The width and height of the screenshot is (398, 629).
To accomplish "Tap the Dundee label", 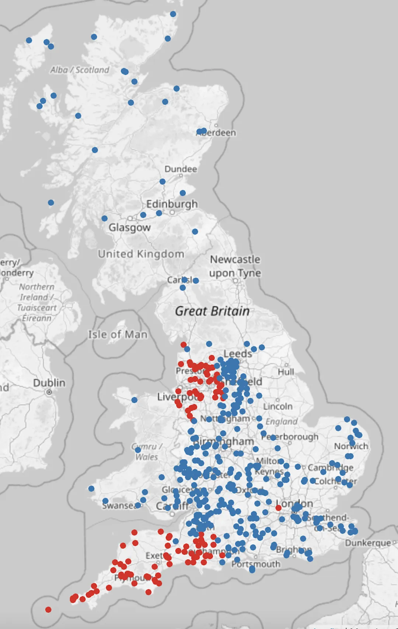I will tap(181, 169).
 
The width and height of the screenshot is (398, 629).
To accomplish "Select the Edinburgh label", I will tap(172, 204).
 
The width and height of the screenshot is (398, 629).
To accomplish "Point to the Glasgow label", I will tap(129, 227).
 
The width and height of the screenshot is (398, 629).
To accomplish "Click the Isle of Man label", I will tap(118, 335).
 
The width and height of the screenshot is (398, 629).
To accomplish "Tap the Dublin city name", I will tap(49, 383).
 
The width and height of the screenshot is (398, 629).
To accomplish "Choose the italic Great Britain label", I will tap(212, 311).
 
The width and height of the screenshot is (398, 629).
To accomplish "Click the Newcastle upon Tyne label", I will tap(235, 266).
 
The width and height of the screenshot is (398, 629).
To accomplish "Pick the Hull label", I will tap(286, 372).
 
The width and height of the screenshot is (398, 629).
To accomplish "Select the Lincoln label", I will tap(278, 406).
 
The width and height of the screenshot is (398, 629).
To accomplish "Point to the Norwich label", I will tap(351, 446).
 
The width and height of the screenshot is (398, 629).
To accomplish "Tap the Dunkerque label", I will tap(368, 543).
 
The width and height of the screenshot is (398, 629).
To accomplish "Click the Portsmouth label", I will tap(256, 564).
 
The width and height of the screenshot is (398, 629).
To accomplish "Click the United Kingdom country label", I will tap(141, 254).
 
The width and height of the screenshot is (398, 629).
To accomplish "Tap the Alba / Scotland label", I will tap(80, 70).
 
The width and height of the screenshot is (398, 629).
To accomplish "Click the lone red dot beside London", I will tap(279, 508).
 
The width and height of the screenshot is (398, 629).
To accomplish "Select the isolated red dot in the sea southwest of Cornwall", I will tap(48, 610).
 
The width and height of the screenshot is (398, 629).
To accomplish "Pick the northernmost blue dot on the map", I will tap(173, 14).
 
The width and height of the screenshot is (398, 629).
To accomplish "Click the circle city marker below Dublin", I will tap(49, 392).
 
